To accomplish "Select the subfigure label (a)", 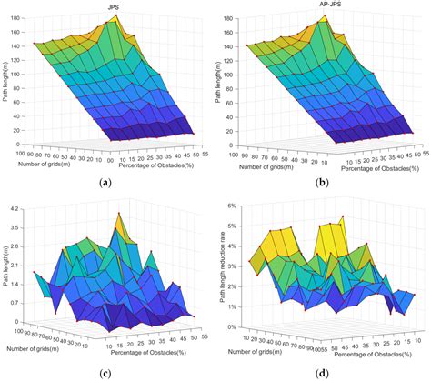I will pyautogui.click(x=107, y=182).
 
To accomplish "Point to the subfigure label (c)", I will pyautogui.click(x=107, y=372).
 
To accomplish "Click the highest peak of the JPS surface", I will pyautogui.click(x=115, y=16).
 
